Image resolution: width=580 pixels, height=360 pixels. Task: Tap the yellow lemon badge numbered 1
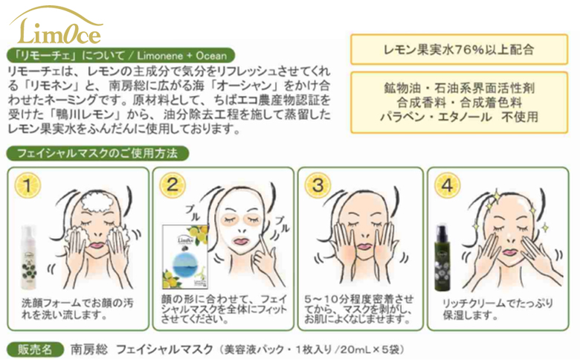(27, 185)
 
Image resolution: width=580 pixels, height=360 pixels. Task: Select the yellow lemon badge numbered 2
(173, 184)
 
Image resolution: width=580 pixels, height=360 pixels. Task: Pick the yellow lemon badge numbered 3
(318, 184)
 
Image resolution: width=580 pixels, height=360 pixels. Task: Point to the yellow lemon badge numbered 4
(447, 184)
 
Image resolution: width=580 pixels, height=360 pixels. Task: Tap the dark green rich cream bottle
(442, 258)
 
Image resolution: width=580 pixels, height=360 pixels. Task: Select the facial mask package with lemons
(185, 257)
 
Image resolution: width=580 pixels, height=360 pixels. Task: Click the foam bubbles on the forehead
(97, 203)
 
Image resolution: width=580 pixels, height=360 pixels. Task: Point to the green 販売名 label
(35, 350)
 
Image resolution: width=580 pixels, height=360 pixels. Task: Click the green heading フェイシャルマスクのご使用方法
(97, 153)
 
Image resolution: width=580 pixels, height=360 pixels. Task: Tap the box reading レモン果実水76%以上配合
(459, 50)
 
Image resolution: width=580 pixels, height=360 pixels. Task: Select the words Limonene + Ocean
(181, 56)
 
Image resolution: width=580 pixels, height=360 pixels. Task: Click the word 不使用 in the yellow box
(519, 117)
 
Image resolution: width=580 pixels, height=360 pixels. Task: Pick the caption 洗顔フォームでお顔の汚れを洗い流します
(77, 309)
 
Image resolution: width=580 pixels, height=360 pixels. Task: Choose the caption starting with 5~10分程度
(359, 309)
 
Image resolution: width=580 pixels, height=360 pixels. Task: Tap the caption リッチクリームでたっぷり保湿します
(497, 309)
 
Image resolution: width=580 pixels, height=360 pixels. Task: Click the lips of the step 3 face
(364, 245)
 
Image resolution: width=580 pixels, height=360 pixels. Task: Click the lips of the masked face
(241, 241)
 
